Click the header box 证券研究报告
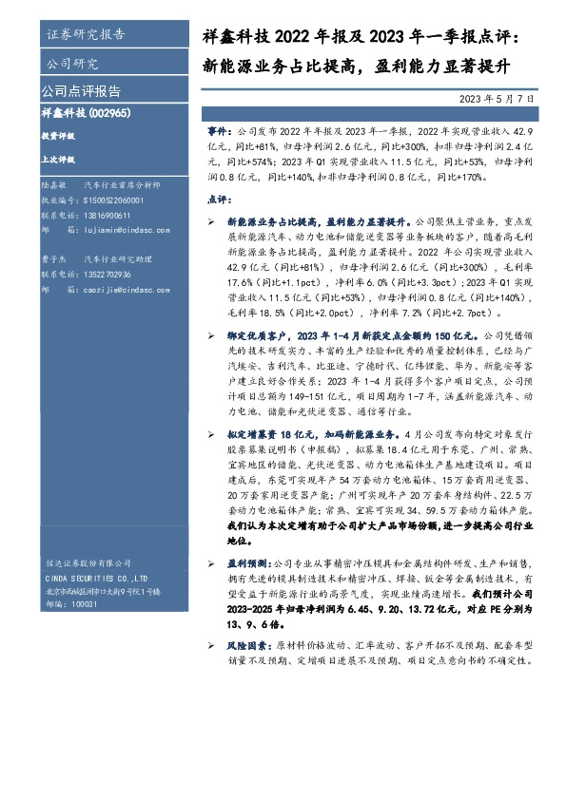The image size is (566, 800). [85, 35]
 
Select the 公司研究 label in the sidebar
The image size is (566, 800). [72, 64]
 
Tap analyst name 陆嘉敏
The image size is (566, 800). [53, 188]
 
